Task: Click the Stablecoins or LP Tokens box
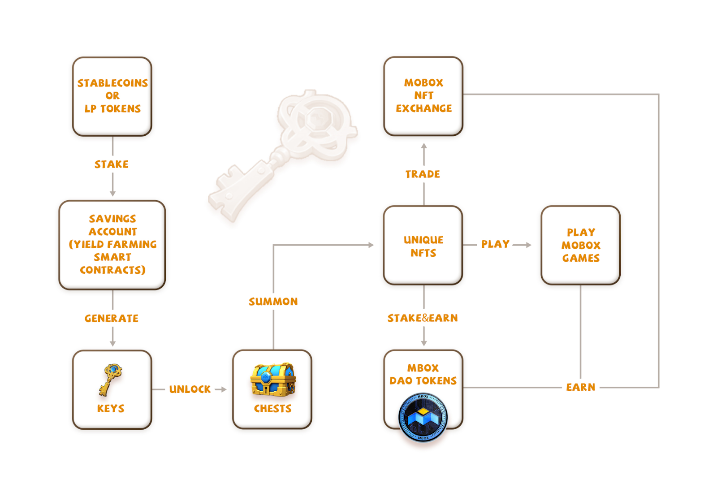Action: click(x=112, y=96)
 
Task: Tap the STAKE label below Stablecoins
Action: click(x=112, y=164)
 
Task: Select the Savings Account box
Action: click(x=112, y=244)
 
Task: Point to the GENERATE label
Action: click(x=112, y=319)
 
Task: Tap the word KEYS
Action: click(x=111, y=409)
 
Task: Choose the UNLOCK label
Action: click(x=190, y=389)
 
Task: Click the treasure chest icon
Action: click(x=272, y=380)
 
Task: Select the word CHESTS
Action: click(x=272, y=409)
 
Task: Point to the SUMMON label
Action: click(x=273, y=302)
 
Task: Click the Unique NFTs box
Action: click(x=423, y=246)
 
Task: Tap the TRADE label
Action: click(x=423, y=174)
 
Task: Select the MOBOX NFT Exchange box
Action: click(x=423, y=96)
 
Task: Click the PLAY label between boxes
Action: click(x=495, y=244)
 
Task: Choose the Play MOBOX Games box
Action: click(x=580, y=245)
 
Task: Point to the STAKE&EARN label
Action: click(x=423, y=318)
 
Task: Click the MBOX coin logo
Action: click(x=423, y=417)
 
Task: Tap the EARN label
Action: click(x=580, y=387)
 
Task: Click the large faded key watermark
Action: click(x=287, y=152)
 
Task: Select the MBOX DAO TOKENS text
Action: click(x=423, y=374)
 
